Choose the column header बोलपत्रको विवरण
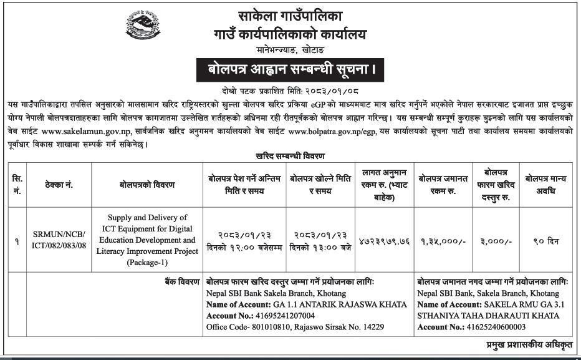(x=147, y=185)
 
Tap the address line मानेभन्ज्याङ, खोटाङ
(x=290, y=49)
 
